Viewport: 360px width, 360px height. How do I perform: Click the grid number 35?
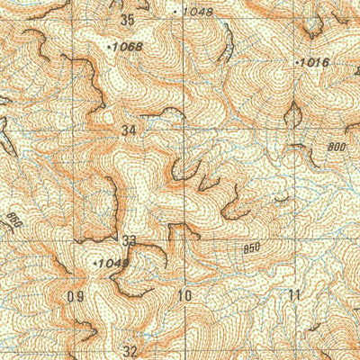127,19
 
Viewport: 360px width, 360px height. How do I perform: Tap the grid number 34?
130,130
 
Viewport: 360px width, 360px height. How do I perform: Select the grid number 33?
130,240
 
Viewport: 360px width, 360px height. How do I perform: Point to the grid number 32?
130,351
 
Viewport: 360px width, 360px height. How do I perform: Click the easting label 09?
76,295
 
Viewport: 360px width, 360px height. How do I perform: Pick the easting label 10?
185,295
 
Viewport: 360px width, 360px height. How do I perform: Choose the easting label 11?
293,295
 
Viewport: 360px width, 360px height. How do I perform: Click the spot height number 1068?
128,47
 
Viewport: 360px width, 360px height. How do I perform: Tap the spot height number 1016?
314,63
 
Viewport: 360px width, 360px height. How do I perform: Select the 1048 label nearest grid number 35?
197,12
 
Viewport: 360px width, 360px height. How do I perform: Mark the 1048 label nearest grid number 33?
112,263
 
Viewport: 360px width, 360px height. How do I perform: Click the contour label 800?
337,147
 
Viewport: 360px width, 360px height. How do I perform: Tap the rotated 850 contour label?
13,219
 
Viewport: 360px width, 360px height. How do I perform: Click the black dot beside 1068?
109,46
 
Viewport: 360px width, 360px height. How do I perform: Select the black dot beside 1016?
297,63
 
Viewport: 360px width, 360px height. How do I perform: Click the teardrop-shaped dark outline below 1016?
293,113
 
